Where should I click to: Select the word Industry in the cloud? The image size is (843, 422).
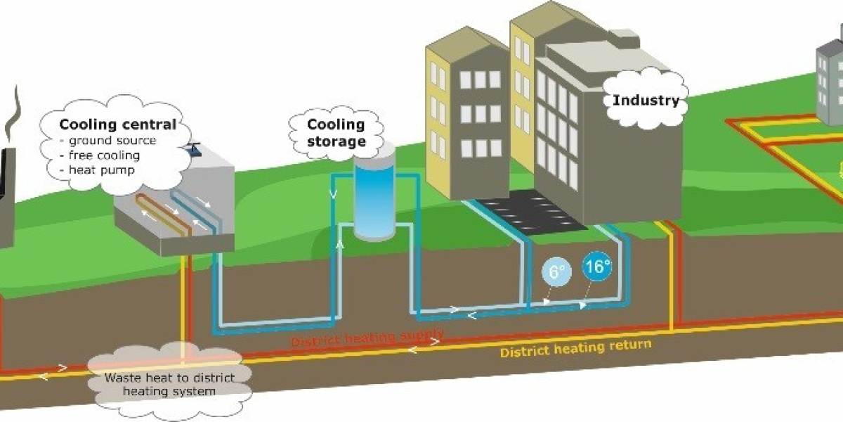click(646, 100)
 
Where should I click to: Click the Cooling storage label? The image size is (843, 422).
click(336, 133)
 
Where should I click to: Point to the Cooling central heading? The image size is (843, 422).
click(117, 124)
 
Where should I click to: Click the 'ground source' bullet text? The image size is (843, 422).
click(112, 141)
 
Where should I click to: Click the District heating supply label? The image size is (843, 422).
click(367, 336)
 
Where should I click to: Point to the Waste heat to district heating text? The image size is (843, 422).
click(169, 383)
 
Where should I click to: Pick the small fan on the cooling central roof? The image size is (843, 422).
click(193, 148)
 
